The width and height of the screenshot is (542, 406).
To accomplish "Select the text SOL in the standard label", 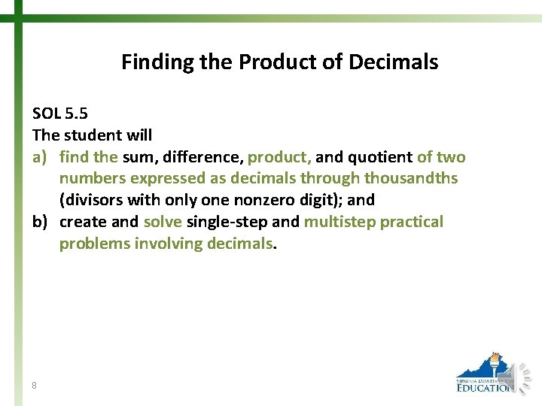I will tap(47, 114).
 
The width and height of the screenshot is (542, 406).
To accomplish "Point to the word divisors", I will tap(97, 201).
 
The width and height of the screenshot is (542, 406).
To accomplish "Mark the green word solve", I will tap(162, 223).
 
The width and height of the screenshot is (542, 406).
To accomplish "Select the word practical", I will tap(412, 223).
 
